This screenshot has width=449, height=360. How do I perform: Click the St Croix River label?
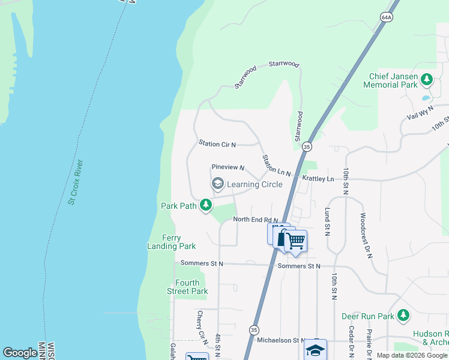pos(76,182)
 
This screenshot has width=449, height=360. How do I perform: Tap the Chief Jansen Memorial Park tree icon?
pos(427,79)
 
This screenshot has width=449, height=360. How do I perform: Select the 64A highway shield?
pos(386,18)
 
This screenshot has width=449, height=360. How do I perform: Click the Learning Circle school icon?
pos(217,184)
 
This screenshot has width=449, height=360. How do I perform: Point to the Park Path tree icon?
pos(206,206)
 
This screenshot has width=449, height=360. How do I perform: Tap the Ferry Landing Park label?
pos(172,242)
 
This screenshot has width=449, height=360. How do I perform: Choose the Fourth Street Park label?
pos(187,287)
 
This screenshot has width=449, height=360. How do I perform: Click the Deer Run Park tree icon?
pos(403,315)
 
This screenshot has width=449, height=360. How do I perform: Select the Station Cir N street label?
pos(217,144)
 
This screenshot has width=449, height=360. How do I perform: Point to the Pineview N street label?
pos(228,167)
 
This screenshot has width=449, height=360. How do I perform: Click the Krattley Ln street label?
pos(318,179)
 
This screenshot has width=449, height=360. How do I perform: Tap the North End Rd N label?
pos(256,220)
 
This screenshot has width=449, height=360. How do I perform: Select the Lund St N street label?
pos(328,222)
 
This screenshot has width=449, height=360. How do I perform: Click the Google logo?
pos(20,353)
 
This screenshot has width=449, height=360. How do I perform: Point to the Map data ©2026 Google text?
pos(412,355)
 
